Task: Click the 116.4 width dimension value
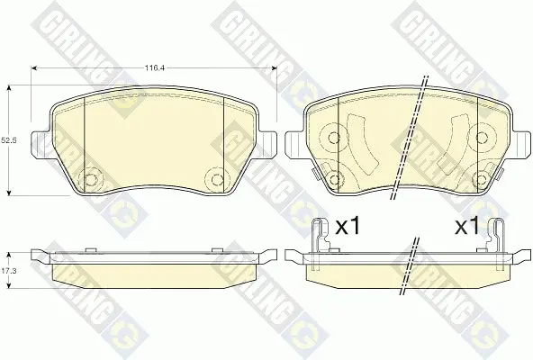155,68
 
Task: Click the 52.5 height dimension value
8,140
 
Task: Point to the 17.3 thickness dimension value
8,271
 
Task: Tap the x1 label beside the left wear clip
347,227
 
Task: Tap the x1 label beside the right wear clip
467,227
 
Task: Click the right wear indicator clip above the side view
495,243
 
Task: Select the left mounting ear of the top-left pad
41,145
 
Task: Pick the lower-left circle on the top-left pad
90,179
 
